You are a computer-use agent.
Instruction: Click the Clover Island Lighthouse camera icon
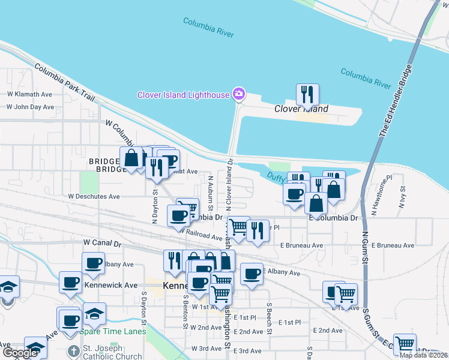(x=239, y=94)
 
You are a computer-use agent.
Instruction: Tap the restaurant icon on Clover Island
(x=307, y=94)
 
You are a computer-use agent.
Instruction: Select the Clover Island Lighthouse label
(x=183, y=95)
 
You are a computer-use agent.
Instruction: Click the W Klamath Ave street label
(x=30, y=94)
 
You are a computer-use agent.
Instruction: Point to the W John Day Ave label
(x=30, y=107)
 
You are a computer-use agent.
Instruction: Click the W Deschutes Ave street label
(x=94, y=196)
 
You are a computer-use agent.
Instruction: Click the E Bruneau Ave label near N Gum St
(x=393, y=245)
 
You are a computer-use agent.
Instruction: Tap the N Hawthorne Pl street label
(x=381, y=193)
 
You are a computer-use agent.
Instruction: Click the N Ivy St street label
(x=400, y=196)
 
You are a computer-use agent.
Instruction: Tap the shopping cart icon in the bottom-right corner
(x=405, y=344)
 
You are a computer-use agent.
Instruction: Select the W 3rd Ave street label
(x=206, y=349)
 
